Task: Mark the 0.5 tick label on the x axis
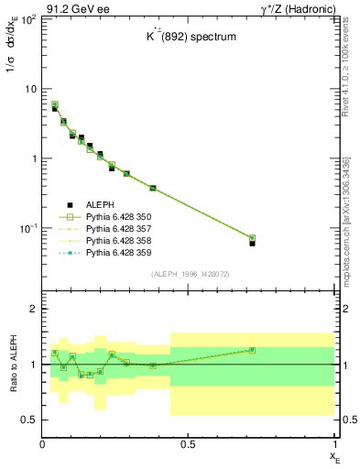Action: pos(188,444)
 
